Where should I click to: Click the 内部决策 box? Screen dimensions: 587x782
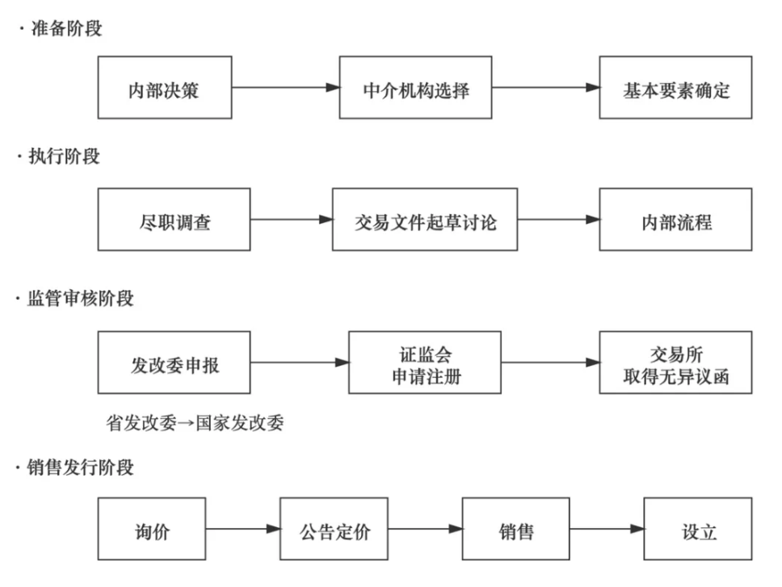pyautogui.click(x=165, y=88)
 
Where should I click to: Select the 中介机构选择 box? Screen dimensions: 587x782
pyautogui.click(x=415, y=88)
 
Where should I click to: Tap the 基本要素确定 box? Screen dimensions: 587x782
pyautogui.click(x=675, y=88)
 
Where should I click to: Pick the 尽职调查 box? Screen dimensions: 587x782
pyautogui.click(x=174, y=220)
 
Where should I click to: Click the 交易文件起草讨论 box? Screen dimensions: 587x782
pyautogui.click(x=425, y=220)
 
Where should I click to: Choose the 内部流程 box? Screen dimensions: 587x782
pyautogui.click(x=675, y=220)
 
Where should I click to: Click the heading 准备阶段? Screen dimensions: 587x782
pyautogui.click(x=65, y=29)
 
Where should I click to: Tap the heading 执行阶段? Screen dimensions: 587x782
pyautogui.click(x=65, y=157)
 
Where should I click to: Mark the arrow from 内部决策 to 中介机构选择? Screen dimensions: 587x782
pyautogui.click(x=285, y=88)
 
